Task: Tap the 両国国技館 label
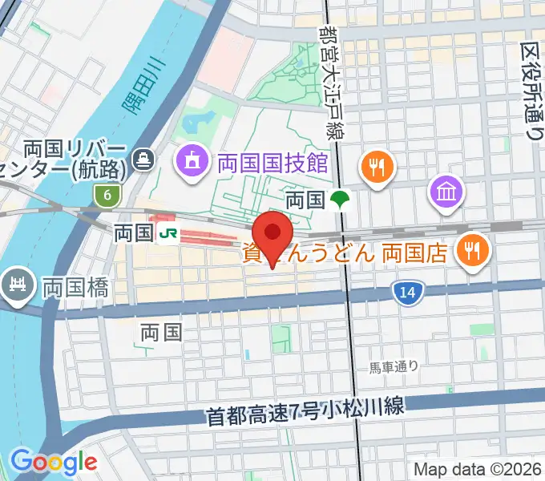coord(273,163)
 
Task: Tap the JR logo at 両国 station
coord(168,233)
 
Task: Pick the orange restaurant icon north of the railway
coord(374,167)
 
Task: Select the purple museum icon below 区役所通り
coord(444,191)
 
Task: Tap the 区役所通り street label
coord(532,92)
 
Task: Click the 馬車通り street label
coord(394,366)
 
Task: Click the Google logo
coord(54,463)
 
